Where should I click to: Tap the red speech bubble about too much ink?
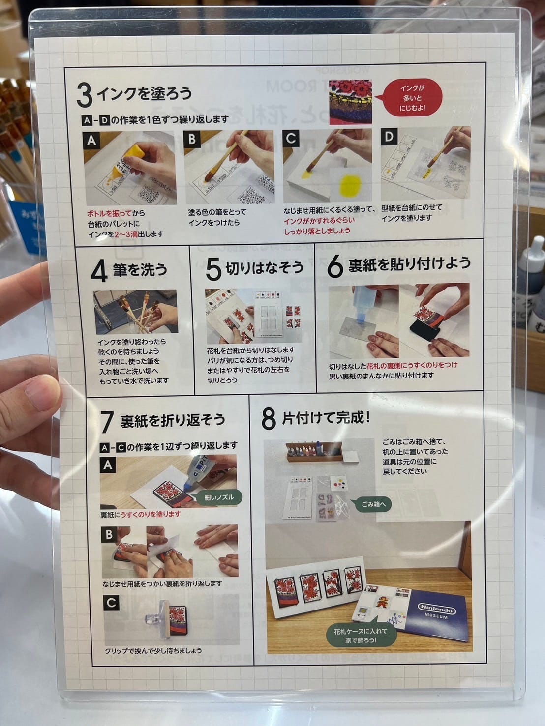pos(413,98)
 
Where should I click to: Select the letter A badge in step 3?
pos(91,141)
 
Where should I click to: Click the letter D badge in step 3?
pos(389,137)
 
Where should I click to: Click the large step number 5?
pos(213,269)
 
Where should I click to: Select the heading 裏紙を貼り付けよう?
pos(409,264)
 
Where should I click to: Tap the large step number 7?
pos(107,422)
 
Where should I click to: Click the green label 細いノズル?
pos(219,497)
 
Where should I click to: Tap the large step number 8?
pos(269,419)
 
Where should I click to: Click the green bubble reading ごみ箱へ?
pos(373,504)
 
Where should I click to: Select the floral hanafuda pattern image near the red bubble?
pos(350,102)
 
